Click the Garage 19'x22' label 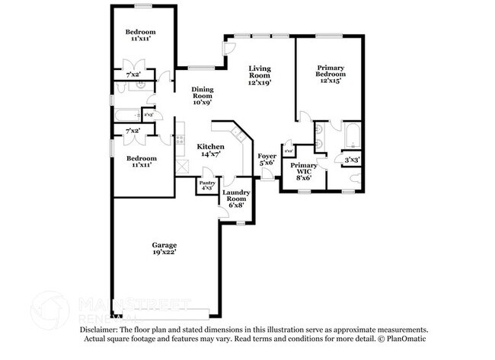click(x=164, y=248)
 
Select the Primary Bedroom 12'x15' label click(x=331, y=75)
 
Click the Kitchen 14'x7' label click(x=210, y=150)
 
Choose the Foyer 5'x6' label click(x=267, y=160)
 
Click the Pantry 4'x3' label click(x=206, y=185)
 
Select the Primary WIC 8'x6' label click(x=304, y=171)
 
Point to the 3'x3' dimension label click(x=352, y=161)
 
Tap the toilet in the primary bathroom click(x=355, y=178)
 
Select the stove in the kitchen click(x=181, y=139)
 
